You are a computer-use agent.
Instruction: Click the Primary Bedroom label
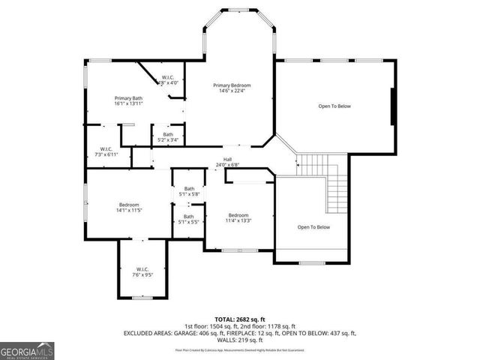[x=231, y=85]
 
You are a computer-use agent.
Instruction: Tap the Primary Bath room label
[x=128, y=98]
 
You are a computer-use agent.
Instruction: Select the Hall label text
[x=226, y=159]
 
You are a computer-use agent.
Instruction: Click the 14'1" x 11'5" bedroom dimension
[x=128, y=211]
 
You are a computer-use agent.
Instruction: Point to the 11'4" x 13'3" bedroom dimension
[x=238, y=220]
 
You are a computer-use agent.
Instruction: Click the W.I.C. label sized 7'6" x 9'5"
[x=142, y=269]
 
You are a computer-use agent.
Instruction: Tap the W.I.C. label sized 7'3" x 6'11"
[x=102, y=148]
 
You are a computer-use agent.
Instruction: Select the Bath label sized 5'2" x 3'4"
[x=168, y=135]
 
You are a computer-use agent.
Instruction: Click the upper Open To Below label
[x=334, y=106]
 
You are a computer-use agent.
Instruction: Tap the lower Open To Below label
[x=313, y=227]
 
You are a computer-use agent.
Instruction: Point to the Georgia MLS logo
[x=26, y=350]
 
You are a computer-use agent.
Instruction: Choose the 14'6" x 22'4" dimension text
[x=231, y=91]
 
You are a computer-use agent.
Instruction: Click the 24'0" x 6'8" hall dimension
[x=226, y=164]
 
